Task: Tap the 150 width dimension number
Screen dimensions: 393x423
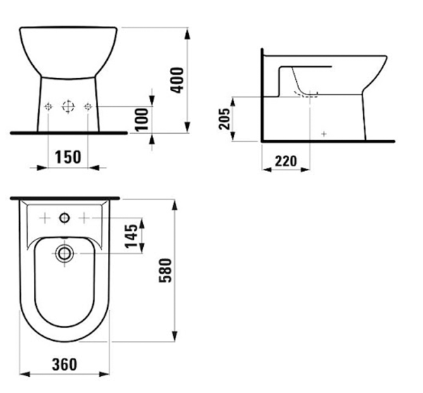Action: [68, 156]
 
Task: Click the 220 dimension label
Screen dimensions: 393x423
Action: [285, 160]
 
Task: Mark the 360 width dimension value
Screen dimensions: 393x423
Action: [64, 364]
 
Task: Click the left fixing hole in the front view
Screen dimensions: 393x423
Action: [48, 107]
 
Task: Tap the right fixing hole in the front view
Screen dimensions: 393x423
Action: [88, 107]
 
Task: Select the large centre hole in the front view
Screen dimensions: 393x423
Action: [68, 107]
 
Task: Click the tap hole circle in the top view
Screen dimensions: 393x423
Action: [64, 218]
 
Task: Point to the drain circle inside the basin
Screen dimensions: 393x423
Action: [64, 251]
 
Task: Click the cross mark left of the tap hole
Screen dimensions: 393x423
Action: [44, 218]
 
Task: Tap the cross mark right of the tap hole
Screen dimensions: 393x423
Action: [85, 218]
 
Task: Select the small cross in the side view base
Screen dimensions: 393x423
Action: [324, 133]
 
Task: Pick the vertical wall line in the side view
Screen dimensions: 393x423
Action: [261, 95]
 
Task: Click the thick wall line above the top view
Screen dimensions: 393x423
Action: [64, 196]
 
